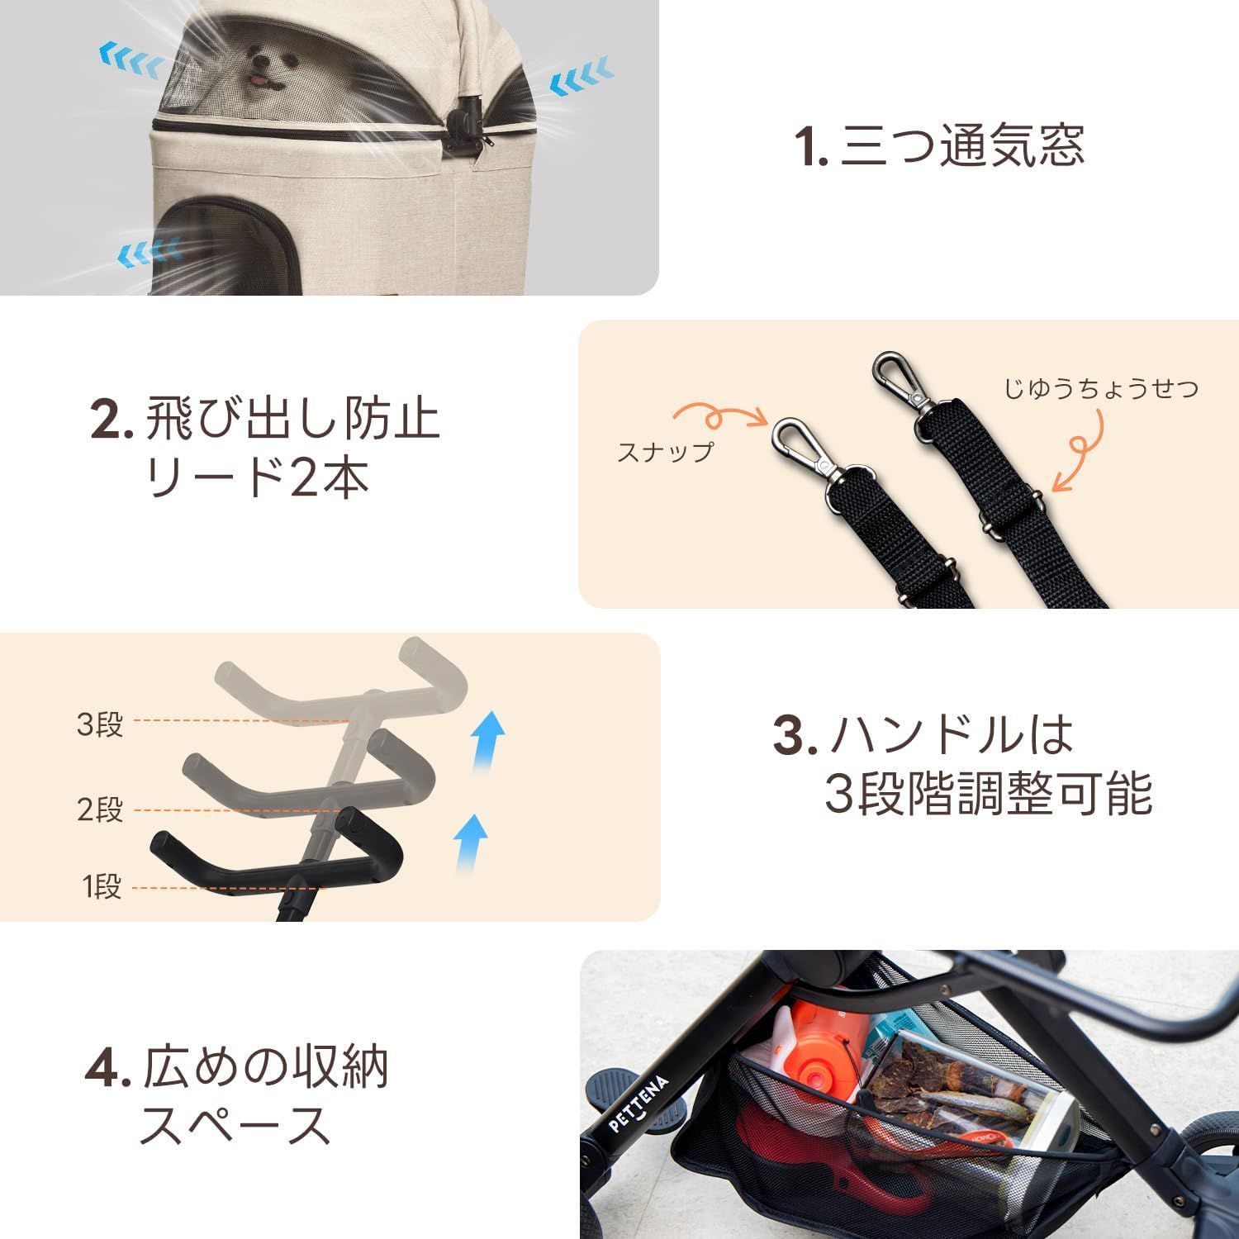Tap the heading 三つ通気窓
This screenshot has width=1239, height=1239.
(961, 146)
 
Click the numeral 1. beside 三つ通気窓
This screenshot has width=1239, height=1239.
(811, 148)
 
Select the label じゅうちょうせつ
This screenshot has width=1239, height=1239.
(1100, 388)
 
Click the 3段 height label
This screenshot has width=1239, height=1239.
(100, 724)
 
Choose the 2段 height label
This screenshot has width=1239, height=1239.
(100, 809)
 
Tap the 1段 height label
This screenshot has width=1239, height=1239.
(102, 887)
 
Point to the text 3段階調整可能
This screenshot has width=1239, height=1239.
(988, 795)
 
